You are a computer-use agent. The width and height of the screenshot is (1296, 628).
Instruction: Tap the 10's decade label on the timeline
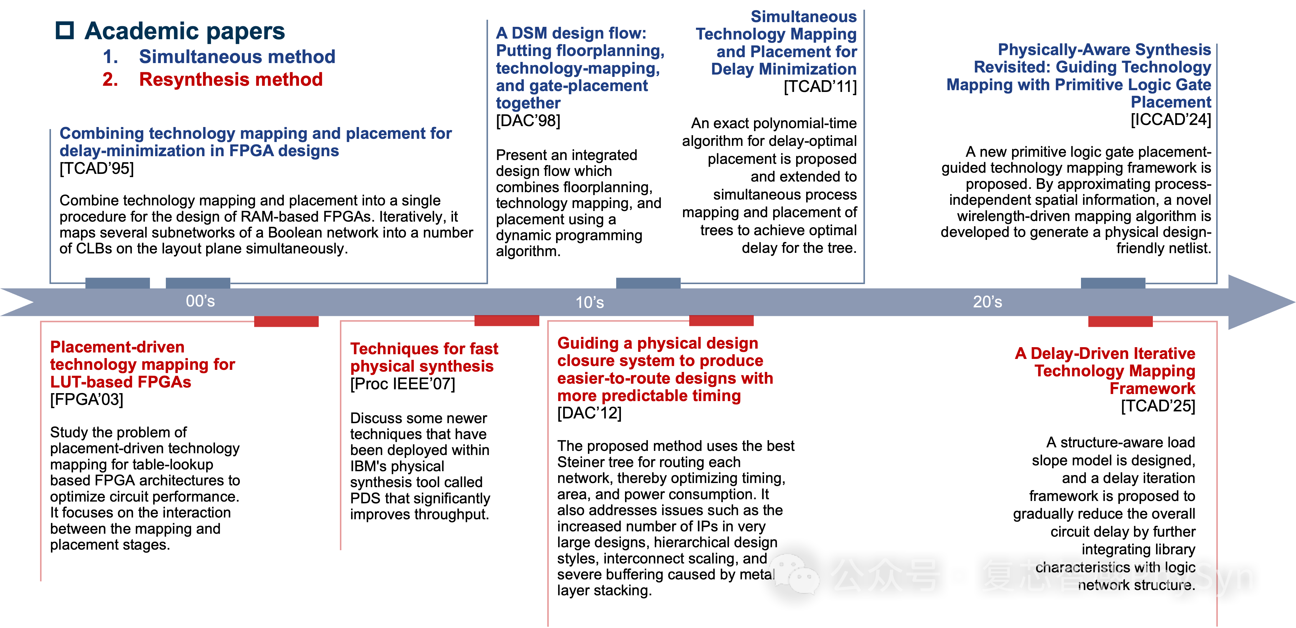point(590,302)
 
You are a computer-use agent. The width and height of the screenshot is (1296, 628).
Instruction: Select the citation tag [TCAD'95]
point(97,168)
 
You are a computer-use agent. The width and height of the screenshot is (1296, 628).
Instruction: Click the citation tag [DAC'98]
point(528,121)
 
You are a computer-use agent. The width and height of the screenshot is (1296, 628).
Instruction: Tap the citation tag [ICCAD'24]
point(1171,120)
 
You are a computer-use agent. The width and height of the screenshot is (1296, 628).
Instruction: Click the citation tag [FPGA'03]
point(87,400)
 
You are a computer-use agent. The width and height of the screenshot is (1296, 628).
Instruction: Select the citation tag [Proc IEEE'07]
point(402,384)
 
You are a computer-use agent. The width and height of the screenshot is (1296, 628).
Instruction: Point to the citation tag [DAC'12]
point(589,413)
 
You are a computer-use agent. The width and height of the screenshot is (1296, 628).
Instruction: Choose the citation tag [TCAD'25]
point(1158,406)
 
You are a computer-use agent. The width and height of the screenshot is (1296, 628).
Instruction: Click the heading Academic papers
point(185,31)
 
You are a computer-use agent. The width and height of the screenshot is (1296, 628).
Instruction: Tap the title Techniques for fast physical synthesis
point(424,357)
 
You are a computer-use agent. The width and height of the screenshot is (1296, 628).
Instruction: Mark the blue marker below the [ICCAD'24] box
point(1113,283)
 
